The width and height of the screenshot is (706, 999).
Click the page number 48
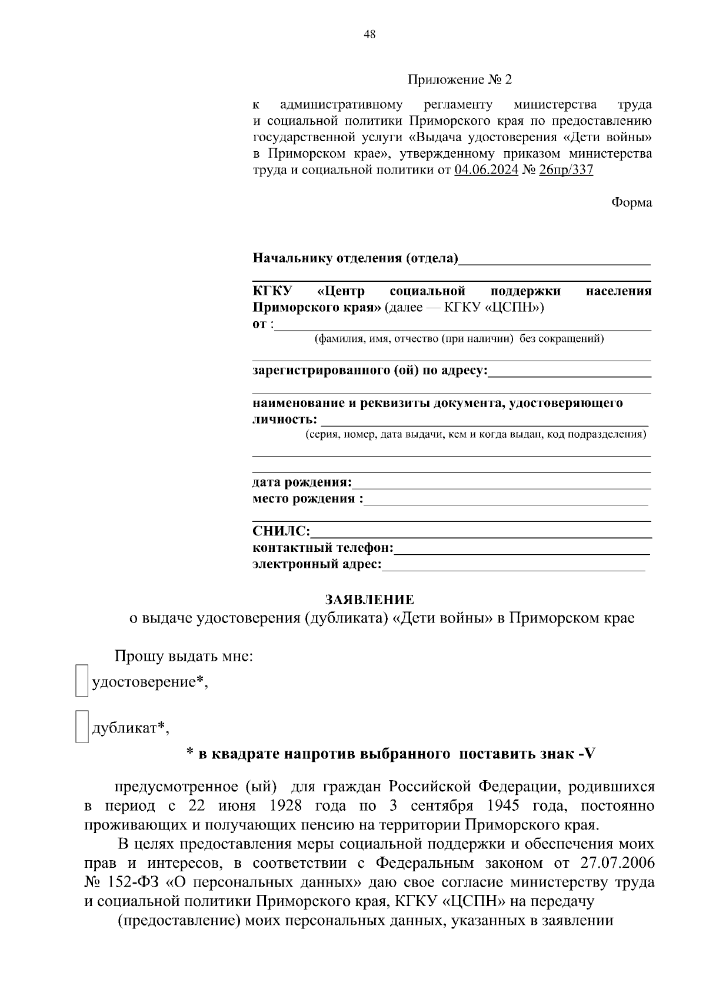pos(369,35)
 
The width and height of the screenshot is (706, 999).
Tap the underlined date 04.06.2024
pos(486,171)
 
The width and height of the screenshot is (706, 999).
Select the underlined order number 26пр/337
pos(565,171)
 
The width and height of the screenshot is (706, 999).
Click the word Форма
pos(631,203)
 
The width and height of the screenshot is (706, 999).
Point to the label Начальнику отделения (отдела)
pos(355,258)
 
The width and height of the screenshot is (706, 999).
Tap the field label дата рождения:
pos(302,483)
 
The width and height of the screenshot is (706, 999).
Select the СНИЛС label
pos(281,531)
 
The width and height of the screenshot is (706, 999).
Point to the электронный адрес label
pos(317,565)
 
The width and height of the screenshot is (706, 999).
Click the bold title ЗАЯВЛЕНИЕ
pos(369,600)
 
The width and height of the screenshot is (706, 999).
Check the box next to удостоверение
pos(82,681)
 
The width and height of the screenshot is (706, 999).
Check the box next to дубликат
pos(82,727)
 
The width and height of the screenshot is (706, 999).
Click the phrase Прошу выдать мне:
pos(184,656)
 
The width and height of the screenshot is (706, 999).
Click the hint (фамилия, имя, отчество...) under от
pos(459,339)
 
